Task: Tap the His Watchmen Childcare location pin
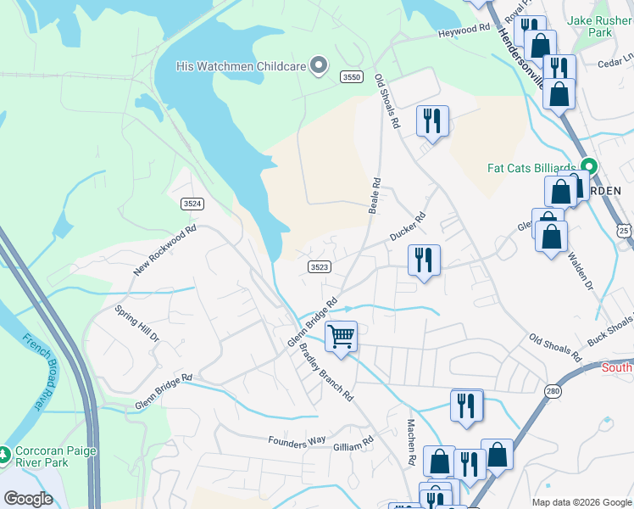click(319, 65)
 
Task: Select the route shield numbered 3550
click(353, 77)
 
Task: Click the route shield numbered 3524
click(192, 204)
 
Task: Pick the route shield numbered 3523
click(319, 266)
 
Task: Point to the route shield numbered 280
click(553, 390)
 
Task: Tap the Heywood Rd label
click(464, 30)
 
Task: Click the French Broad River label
click(33, 372)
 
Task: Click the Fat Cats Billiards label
click(531, 167)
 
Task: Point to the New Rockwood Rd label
click(164, 250)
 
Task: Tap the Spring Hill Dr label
click(137, 323)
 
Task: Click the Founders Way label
click(297, 441)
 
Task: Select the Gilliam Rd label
click(353, 443)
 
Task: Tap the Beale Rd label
click(373, 196)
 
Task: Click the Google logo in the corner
click(28, 499)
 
